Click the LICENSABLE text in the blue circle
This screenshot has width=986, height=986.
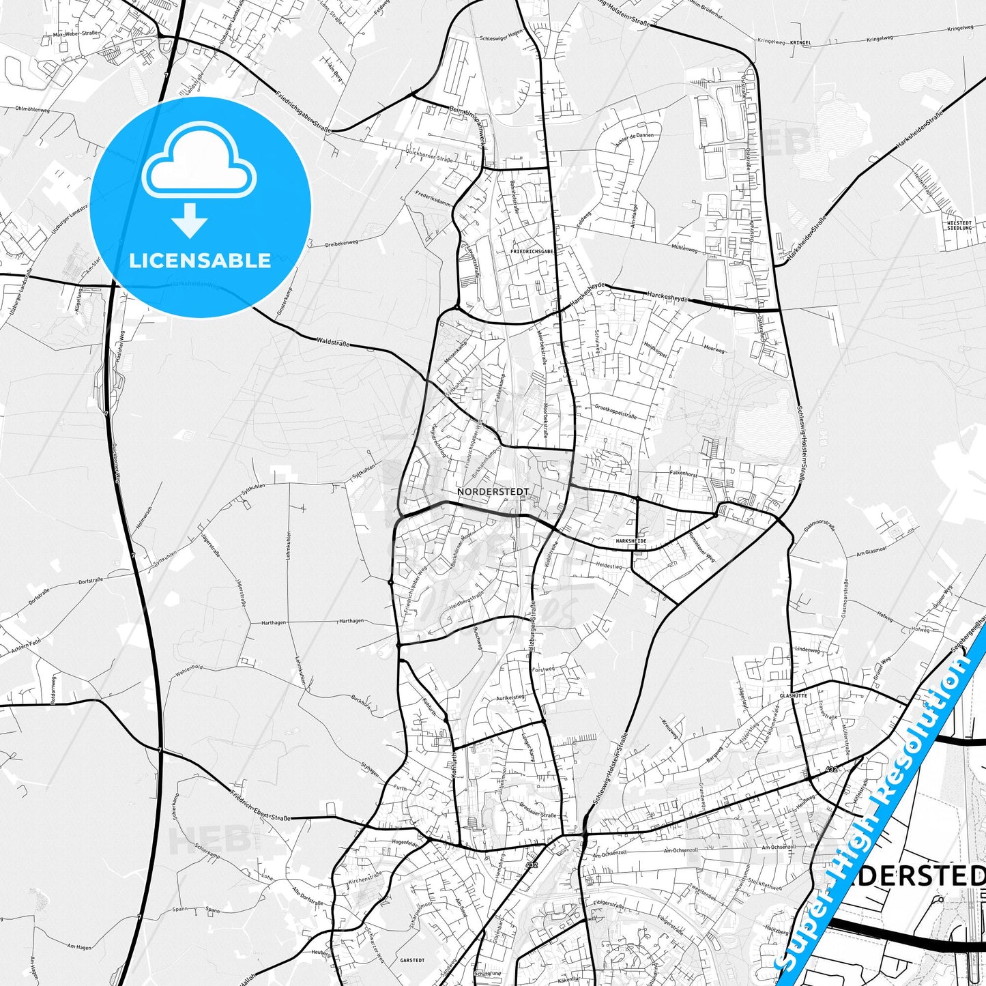coord(200,261)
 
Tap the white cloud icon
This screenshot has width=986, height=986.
coord(199,164)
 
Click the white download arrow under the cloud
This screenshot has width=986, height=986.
coord(190,220)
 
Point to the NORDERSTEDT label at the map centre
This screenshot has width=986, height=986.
coord(493,491)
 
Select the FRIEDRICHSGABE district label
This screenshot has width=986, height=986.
coord(532,251)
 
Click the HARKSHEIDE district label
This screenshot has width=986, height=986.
coord(630,540)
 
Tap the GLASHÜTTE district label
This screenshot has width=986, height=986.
coord(794,695)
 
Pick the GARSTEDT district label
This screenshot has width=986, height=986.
coord(412,960)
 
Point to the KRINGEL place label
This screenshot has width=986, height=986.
coord(800,42)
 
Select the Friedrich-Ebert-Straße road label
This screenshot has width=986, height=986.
coord(260,806)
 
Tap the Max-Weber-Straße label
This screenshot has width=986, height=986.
coord(75,33)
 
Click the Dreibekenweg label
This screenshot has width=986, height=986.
coord(341,243)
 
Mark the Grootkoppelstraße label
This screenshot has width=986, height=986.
coord(615,411)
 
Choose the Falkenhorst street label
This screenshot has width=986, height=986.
coord(683,473)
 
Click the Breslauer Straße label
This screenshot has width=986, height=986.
coord(538,810)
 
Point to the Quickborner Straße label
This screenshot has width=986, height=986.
coord(429,156)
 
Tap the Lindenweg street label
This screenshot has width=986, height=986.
coord(807,650)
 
